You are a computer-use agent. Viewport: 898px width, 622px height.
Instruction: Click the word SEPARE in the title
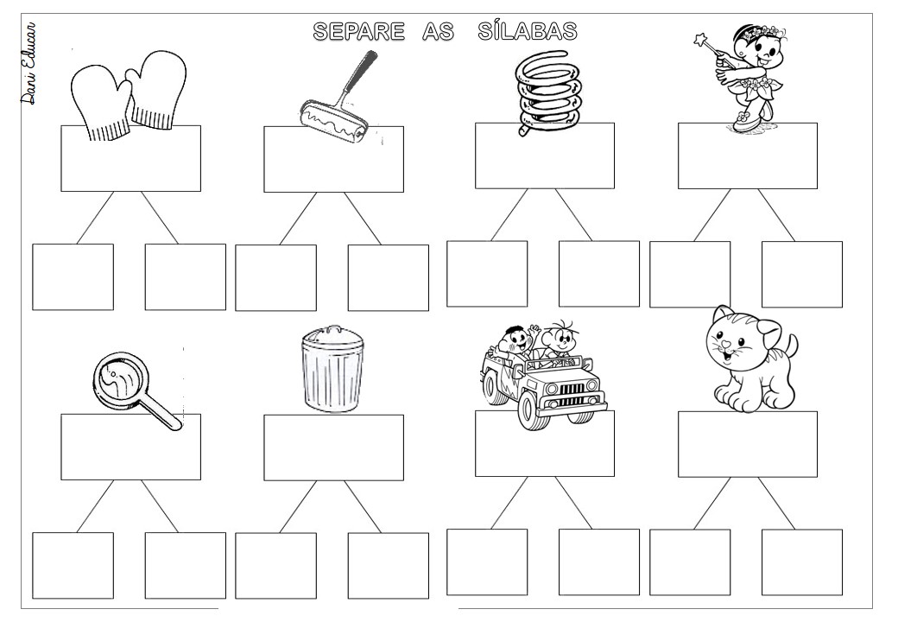(358, 31)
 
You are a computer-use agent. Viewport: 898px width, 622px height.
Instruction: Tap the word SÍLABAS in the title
(528, 30)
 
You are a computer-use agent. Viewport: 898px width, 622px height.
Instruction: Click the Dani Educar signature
(28, 63)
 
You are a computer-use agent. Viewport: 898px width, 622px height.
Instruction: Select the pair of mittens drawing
(130, 95)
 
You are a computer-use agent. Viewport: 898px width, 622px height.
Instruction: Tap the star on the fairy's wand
(699, 40)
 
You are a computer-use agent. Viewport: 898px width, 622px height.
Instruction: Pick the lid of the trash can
(332, 338)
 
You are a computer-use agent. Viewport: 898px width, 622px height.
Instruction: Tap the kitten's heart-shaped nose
(727, 345)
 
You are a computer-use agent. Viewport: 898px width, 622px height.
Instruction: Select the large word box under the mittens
(130, 159)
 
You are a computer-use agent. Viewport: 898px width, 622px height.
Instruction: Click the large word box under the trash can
(333, 447)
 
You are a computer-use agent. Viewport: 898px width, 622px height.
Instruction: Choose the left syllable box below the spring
(487, 274)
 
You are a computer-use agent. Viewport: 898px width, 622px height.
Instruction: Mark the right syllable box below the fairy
(802, 275)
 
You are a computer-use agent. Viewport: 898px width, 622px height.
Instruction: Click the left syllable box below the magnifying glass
(73, 566)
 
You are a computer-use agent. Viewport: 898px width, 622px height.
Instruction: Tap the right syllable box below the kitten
(802, 562)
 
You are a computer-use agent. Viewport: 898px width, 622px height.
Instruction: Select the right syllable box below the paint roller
(389, 278)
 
